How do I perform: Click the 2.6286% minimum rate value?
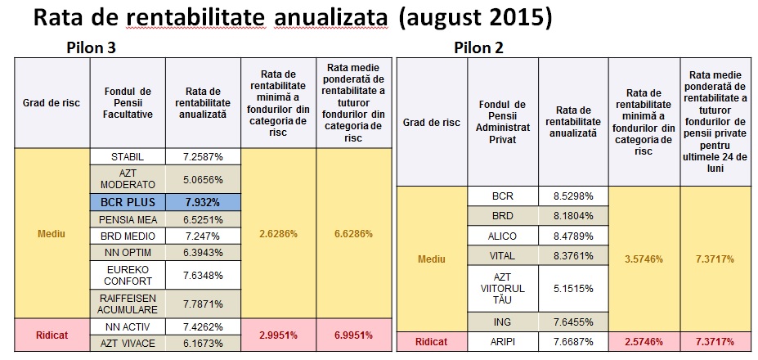278,233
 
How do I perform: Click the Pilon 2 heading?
478,48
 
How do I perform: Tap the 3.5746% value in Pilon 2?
644,259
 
